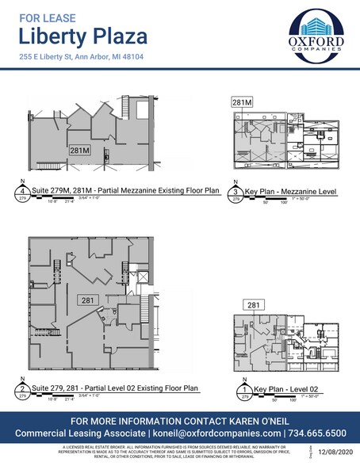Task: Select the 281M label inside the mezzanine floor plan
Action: pyautogui.click(x=79, y=149)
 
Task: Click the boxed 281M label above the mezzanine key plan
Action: pyautogui.click(x=241, y=103)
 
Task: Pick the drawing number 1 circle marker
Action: pyautogui.click(x=236, y=392)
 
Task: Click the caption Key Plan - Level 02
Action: pyautogui.click(x=277, y=391)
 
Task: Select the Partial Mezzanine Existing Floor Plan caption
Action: pyautogui.click(x=113, y=189)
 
